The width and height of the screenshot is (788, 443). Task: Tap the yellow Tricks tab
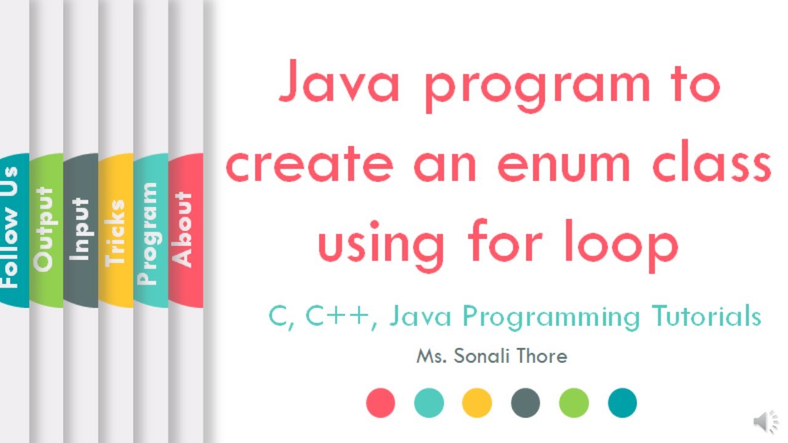pyautogui.click(x=116, y=231)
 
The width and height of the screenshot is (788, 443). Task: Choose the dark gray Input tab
pyautogui.click(x=81, y=231)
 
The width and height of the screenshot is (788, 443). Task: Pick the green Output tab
pyautogui.click(x=46, y=231)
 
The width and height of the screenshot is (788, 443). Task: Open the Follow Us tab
pyautogui.click(x=12, y=231)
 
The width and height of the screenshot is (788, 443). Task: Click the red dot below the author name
pyautogui.click(x=380, y=403)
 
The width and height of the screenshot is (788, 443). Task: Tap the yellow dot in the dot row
pyautogui.click(x=477, y=403)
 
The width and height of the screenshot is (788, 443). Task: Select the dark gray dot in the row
pyautogui.click(x=525, y=403)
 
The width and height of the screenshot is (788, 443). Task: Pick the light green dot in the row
pyautogui.click(x=574, y=403)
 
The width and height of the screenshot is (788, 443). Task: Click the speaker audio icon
pyautogui.click(x=765, y=422)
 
